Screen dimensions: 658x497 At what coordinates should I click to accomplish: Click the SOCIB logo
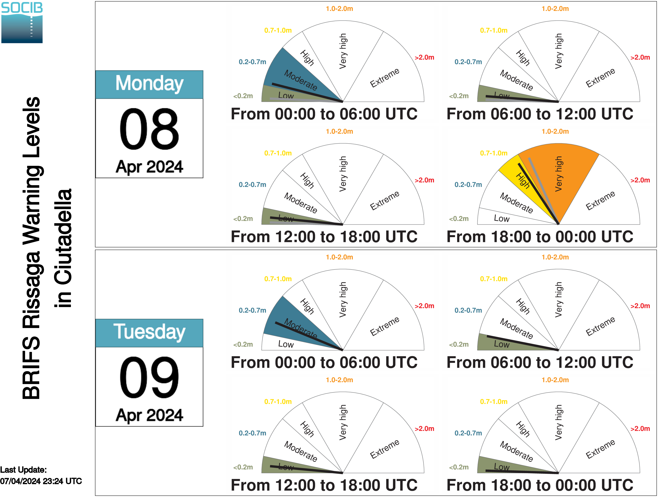(x=22, y=23)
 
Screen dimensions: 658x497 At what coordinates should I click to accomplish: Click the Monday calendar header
(x=149, y=85)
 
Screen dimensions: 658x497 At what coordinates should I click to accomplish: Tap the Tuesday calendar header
(x=149, y=333)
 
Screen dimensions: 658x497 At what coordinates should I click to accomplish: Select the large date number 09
(x=149, y=377)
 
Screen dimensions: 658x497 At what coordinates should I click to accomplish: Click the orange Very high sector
(x=562, y=175)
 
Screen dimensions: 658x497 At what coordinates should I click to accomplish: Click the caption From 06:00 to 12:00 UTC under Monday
(x=540, y=114)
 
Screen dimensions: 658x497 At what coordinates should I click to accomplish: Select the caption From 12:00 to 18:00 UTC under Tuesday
(x=324, y=485)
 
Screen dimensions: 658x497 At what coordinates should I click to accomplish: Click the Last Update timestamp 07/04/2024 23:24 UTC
(x=41, y=481)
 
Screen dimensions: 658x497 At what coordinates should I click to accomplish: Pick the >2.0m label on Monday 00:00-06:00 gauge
(x=425, y=57)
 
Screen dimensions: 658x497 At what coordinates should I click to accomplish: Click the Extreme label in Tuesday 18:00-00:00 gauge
(x=600, y=449)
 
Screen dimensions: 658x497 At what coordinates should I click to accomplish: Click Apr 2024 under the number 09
(x=149, y=415)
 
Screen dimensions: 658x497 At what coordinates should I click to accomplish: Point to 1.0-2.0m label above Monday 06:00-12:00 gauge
(x=555, y=9)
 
